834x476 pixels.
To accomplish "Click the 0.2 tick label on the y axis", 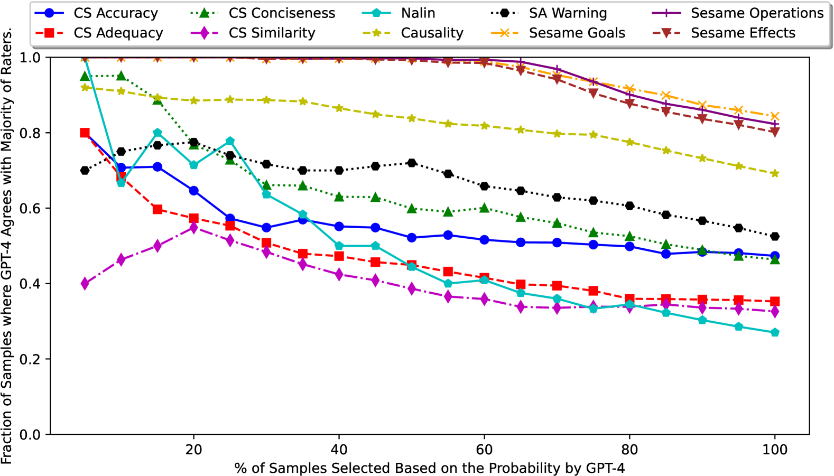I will click(30, 359).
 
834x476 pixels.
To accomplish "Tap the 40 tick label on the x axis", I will click(339, 450).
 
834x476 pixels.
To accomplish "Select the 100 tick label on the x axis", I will click(775, 450).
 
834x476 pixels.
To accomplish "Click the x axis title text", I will click(429, 468).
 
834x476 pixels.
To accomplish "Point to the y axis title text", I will click(7, 246).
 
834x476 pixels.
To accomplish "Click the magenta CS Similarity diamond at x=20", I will click(193, 228).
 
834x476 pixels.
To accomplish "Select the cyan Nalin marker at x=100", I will click(775, 332).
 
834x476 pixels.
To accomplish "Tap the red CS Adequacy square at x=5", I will click(85, 133).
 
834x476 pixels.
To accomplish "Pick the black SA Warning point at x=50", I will click(412, 163).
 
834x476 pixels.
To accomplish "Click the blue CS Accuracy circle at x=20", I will click(193, 190).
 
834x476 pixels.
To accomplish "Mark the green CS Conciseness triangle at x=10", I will click(121, 76).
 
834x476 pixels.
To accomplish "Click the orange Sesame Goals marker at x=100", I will click(775, 116).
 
